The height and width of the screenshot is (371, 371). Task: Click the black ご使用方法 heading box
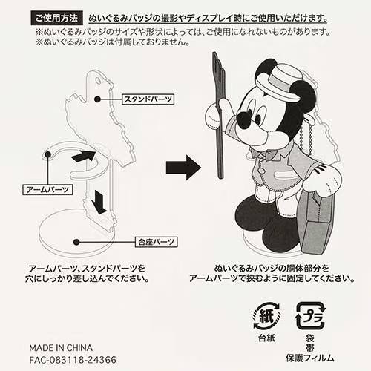56,18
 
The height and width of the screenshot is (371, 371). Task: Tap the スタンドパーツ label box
148,99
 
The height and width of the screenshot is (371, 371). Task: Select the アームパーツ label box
47,190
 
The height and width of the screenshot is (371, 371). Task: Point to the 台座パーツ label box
157,242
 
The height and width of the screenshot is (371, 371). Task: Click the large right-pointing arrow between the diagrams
183,168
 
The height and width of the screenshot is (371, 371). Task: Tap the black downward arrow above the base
99,202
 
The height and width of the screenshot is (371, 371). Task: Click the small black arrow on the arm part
83,157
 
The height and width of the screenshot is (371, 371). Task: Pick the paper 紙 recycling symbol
267,316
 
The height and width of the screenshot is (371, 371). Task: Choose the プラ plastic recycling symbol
311,316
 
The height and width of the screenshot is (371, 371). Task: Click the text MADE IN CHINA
61,348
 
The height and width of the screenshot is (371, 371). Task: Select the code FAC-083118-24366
73,360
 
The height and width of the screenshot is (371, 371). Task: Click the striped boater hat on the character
278,83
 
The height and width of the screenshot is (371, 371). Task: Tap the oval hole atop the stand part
98,80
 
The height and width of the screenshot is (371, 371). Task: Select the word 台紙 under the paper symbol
267,338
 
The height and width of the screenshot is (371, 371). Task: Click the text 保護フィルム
310,358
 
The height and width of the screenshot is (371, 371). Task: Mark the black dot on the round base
76,242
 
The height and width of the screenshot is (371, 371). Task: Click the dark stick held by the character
218,115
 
